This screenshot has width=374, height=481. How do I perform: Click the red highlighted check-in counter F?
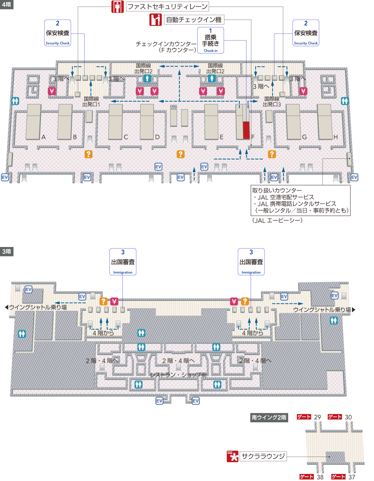click(x=246, y=130)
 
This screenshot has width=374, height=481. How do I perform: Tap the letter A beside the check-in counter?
click(x=44, y=137)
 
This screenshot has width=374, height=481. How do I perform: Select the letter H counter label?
click(x=335, y=137)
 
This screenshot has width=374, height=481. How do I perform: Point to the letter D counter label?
click(x=157, y=137)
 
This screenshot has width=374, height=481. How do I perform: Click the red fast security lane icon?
click(x=118, y=7)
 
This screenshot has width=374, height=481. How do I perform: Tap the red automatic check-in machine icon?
click(x=156, y=19)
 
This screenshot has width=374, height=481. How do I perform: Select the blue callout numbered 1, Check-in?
click(x=210, y=40)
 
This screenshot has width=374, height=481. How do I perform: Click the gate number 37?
click(x=352, y=477)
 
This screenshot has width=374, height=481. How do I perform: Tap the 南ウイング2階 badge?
click(x=269, y=417)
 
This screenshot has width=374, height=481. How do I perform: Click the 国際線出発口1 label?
click(x=91, y=102)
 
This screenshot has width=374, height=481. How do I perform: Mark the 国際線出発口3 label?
click(x=272, y=102)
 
